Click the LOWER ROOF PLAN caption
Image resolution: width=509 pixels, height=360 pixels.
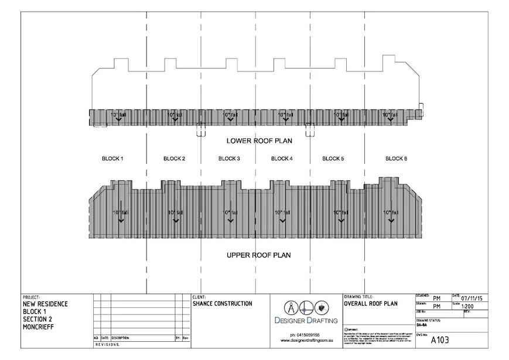pyautogui.click(x=259, y=141)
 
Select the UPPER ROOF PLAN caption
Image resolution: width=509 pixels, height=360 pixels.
pyautogui.click(x=258, y=255)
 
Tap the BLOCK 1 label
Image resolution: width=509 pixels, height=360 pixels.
pyautogui.click(x=112, y=159)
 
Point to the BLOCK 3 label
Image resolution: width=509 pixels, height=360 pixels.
pyautogui.click(x=229, y=159)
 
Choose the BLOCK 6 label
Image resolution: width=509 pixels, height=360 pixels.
pyautogui.click(x=396, y=159)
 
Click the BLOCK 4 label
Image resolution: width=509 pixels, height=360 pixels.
pyautogui.click(x=282, y=159)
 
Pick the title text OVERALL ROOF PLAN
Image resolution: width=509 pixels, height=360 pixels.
pyautogui.click(x=371, y=304)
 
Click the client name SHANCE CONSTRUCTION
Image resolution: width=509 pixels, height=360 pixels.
pyautogui.click(x=223, y=304)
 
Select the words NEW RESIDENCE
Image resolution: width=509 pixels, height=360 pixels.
pyautogui.click(x=45, y=304)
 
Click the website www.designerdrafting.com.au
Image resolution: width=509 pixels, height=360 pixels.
pyautogui.click(x=305, y=341)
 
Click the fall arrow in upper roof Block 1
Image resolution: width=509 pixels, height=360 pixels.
pyautogui.click(x=120, y=218)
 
